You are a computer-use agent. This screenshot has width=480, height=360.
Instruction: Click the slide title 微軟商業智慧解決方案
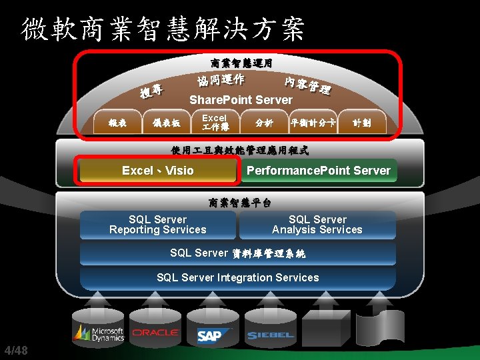point(163,29)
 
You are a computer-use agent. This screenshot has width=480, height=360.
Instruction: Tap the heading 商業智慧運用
point(241,63)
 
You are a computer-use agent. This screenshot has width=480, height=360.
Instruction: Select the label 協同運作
point(221,80)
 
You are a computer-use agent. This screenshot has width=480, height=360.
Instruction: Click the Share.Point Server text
point(241,100)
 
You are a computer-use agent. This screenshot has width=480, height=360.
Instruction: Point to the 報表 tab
point(118,123)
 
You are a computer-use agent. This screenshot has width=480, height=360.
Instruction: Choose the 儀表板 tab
point(167,123)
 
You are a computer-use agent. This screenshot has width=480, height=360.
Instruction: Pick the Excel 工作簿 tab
point(215,122)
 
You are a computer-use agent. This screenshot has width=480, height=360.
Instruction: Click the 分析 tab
point(264,123)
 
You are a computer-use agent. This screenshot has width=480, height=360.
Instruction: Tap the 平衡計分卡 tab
point(313,123)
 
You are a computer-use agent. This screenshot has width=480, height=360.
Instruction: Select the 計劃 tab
point(362,123)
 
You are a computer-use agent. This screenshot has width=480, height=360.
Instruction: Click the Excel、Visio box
point(158,171)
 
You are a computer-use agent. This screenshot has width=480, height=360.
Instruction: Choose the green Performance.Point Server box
point(318,171)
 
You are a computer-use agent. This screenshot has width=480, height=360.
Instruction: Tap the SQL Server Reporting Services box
point(158,225)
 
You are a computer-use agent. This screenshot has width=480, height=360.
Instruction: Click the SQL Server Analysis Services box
point(317,225)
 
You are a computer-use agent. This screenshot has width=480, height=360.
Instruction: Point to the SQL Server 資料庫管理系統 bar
point(238,253)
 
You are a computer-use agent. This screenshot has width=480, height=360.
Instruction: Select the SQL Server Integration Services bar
point(238,277)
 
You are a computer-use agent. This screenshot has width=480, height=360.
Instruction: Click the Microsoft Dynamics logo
point(99,333)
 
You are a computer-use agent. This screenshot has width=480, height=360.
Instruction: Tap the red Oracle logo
point(155,333)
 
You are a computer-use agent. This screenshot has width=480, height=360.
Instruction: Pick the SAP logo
point(209,335)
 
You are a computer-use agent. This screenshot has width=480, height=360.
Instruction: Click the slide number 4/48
point(16,351)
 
